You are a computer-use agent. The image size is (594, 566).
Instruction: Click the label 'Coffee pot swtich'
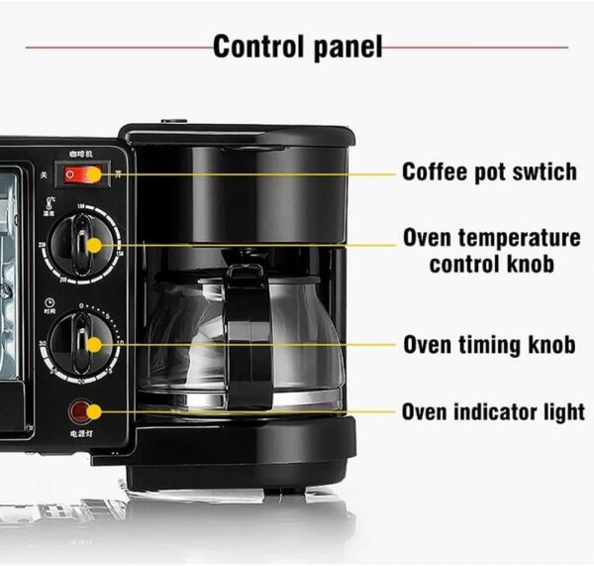489,171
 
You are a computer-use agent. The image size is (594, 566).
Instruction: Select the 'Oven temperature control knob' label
491,251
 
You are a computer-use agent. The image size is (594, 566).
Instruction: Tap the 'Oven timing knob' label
489,345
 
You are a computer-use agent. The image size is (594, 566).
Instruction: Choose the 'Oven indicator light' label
492,411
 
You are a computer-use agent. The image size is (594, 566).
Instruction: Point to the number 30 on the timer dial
45,343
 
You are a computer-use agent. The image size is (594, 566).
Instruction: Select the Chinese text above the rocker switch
81,155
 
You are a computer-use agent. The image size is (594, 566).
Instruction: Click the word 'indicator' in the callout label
500,411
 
